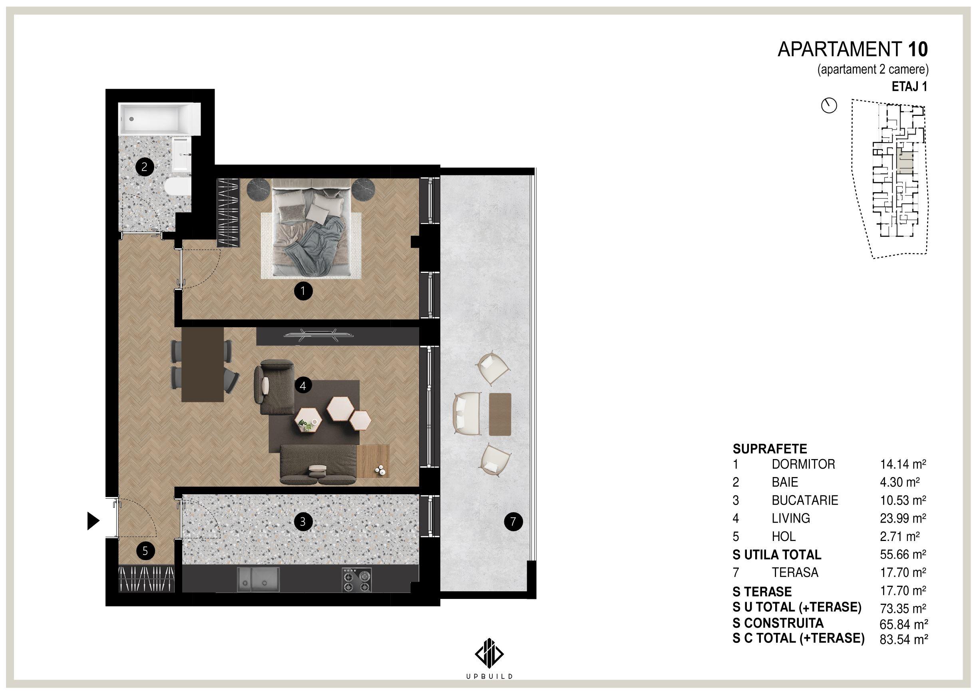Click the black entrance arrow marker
coord(93,521)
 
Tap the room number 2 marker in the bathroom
coord(144,167)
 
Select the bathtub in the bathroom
coord(160,119)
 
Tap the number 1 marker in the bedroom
coord(303,291)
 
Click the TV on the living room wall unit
coord(318,335)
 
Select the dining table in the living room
coord(203,365)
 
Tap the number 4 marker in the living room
coord(303,386)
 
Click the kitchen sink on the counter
coord(258,579)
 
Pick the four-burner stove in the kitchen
coord(356,580)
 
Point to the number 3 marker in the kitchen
coord(303,521)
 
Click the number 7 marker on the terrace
coord(513,521)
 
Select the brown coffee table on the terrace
coord(500,414)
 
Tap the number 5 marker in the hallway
coord(145,551)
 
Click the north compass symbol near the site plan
coord(829,105)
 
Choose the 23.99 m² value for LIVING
coord(903,518)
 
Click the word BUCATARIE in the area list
coord(804,500)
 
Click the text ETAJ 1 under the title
coord(909,87)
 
